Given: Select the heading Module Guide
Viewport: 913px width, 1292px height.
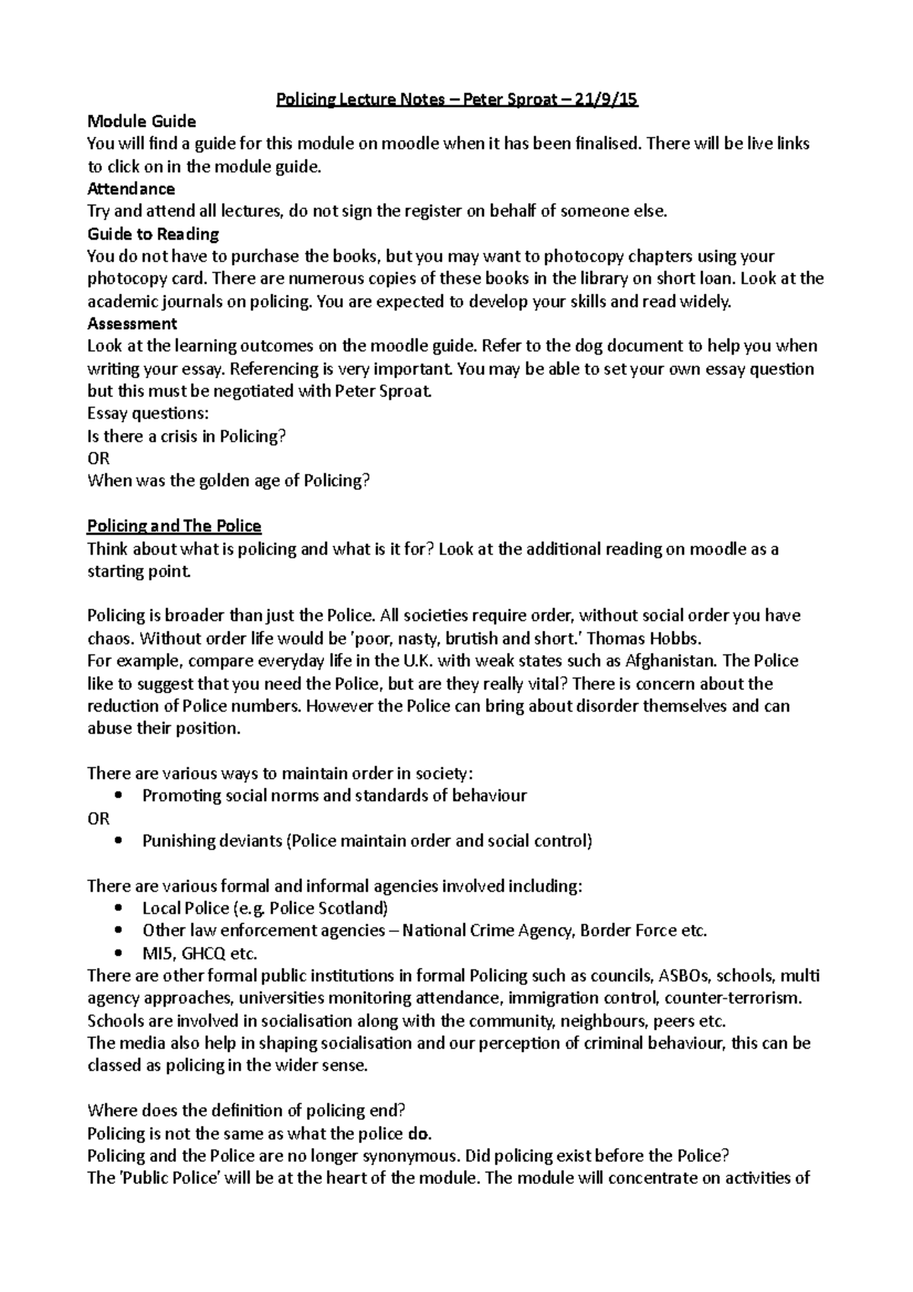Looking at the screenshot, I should [x=142, y=121].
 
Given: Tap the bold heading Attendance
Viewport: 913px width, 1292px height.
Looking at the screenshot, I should [x=131, y=189].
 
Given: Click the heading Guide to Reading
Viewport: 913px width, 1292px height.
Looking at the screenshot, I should [x=153, y=234].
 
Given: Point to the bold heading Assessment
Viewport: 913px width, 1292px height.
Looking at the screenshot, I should [x=132, y=323].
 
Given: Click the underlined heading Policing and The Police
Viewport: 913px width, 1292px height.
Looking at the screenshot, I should [x=174, y=526].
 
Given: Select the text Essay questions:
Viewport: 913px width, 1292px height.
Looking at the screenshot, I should [x=148, y=414].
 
